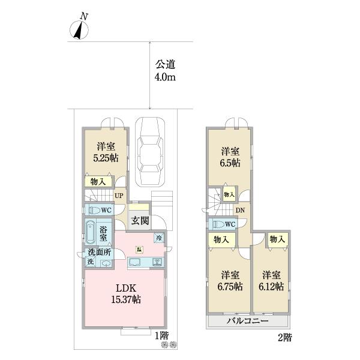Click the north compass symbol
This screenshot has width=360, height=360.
(x=79, y=29)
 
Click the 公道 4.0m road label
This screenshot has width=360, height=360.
(x=166, y=71)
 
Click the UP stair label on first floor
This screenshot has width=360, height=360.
(x=119, y=196)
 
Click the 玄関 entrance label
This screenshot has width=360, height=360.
(x=140, y=220)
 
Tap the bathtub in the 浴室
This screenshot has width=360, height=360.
(x=91, y=233)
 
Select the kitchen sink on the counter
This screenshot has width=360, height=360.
(x=136, y=262)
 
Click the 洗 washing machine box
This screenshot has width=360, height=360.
(x=89, y=262)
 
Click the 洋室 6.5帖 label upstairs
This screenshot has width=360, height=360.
(x=230, y=157)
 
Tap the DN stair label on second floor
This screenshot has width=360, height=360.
(x=240, y=210)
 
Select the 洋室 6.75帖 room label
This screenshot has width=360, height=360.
(x=230, y=281)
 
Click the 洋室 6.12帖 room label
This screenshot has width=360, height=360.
(x=272, y=281)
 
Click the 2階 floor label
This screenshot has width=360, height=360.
(x=284, y=337)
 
